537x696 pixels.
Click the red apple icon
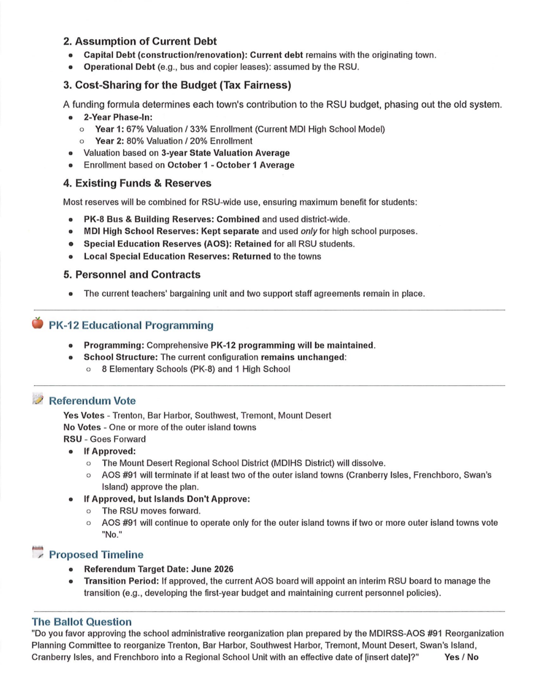(37, 323)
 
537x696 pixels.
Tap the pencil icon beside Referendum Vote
(37, 400)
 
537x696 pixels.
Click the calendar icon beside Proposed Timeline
(37, 553)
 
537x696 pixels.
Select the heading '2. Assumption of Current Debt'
(140, 41)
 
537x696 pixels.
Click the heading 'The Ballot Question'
(82, 622)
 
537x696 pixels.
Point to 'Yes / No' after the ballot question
(461, 657)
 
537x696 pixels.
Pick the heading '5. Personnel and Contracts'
(132, 275)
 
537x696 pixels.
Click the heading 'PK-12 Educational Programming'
(131, 325)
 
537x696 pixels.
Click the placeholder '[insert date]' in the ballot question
(386, 657)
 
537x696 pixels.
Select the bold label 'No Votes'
(82, 427)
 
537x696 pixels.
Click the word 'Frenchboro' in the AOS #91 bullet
(435, 475)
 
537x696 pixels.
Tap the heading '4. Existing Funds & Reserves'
(137, 183)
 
